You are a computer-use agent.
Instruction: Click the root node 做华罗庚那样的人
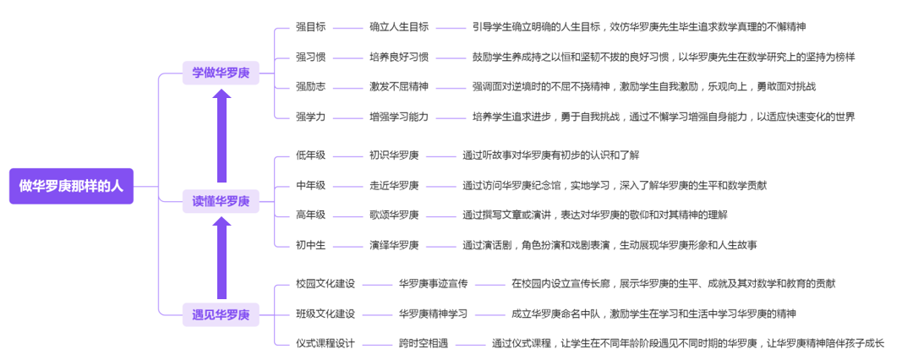(71, 186)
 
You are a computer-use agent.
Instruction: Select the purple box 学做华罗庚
(221, 73)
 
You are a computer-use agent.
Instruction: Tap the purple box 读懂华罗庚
(221, 201)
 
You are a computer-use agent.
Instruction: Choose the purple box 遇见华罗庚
(221, 314)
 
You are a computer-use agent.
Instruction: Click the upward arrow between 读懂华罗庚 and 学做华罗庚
(221, 136)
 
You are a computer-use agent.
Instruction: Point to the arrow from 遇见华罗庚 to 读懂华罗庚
(221, 258)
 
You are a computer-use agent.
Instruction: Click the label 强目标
(310, 26)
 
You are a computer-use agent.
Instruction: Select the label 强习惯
(310, 57)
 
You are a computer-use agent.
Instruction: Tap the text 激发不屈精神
(399, 86)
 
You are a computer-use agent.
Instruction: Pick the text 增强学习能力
(399, 116)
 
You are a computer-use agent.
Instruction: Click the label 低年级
(310, 155)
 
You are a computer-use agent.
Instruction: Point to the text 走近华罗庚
(394, 184)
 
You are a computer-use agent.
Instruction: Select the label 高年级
(310, 215)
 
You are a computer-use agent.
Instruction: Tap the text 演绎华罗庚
(394, 244)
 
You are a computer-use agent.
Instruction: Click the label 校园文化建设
(325, 283)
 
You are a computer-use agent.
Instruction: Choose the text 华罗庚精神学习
(434, 314)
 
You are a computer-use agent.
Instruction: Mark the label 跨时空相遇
(424, 343)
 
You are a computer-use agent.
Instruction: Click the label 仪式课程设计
(325, 343)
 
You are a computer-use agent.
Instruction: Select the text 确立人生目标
(399, 26)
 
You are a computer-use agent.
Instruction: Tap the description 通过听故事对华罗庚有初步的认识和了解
(551, 155)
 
